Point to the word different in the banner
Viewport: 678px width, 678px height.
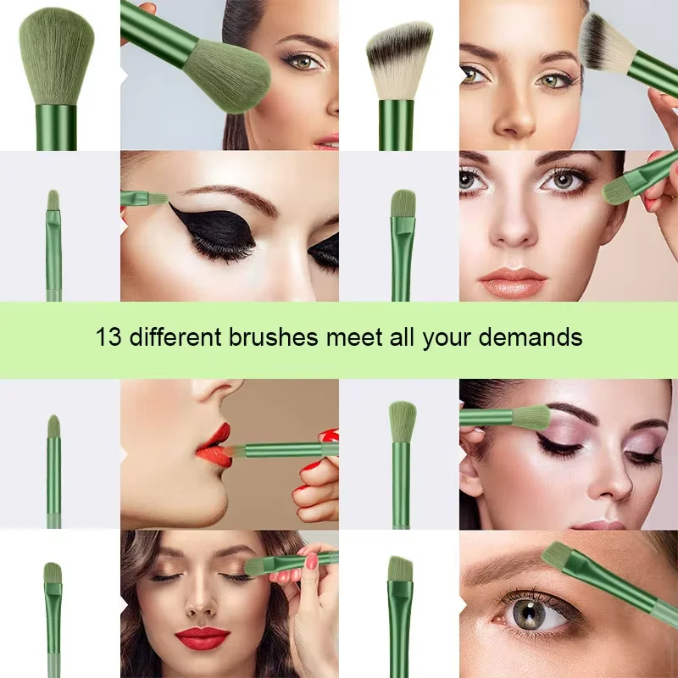[173, 337]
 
